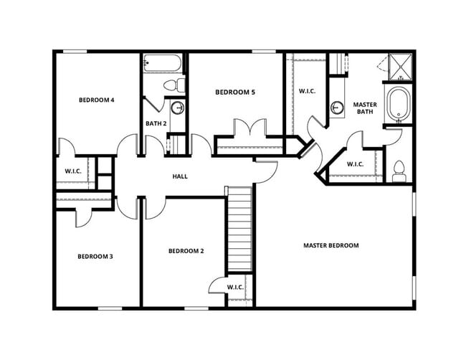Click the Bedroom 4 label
pos(97,100)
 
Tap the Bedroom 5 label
pos(235,92)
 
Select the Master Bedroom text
pos(331,245)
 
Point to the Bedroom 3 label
pos(95,256)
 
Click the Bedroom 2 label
pos(186,251)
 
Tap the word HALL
pos(180,176)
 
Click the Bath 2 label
pos(156,123)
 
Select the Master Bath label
pos(364,108)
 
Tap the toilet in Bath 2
pos(172,85)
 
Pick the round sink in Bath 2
pos(178,108)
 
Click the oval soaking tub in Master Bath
pos(397,105)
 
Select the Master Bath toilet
pos(399,171)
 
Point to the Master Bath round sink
pos(338,108)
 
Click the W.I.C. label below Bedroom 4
pos(72,171)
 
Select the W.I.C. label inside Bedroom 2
pos(235,287)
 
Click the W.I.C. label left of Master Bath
pos(307,91)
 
